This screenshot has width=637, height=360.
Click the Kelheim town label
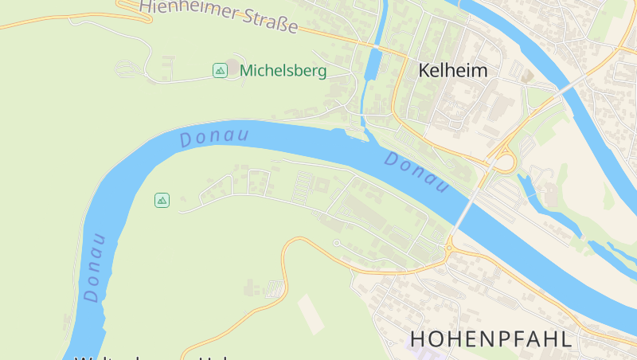point(453,70)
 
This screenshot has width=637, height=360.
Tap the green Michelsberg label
point(283,71)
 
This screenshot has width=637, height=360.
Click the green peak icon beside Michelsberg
point(220,71)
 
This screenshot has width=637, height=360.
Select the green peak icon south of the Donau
point(162,200)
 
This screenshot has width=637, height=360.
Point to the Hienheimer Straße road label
point(218,15)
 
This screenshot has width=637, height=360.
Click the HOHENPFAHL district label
point(490,338)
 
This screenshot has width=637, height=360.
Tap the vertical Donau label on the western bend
point(95,268)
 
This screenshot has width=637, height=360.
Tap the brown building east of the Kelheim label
point(527,75)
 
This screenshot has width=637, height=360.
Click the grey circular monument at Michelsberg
point(232,65)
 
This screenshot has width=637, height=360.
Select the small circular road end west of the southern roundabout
point(337,242)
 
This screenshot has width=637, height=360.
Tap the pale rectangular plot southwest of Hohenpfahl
point(311,313)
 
